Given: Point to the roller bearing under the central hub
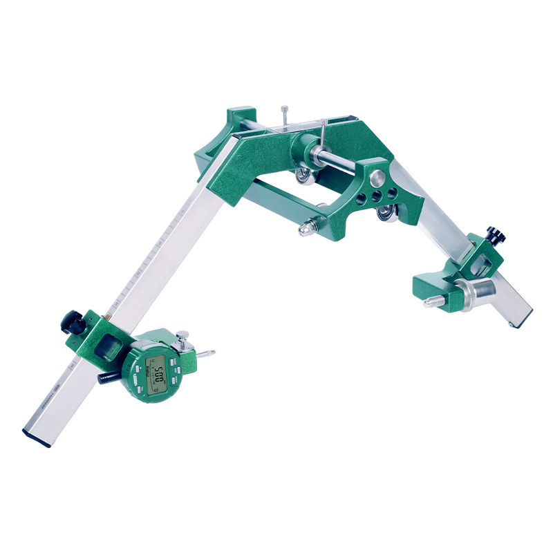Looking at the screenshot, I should click(x=303, y=178).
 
